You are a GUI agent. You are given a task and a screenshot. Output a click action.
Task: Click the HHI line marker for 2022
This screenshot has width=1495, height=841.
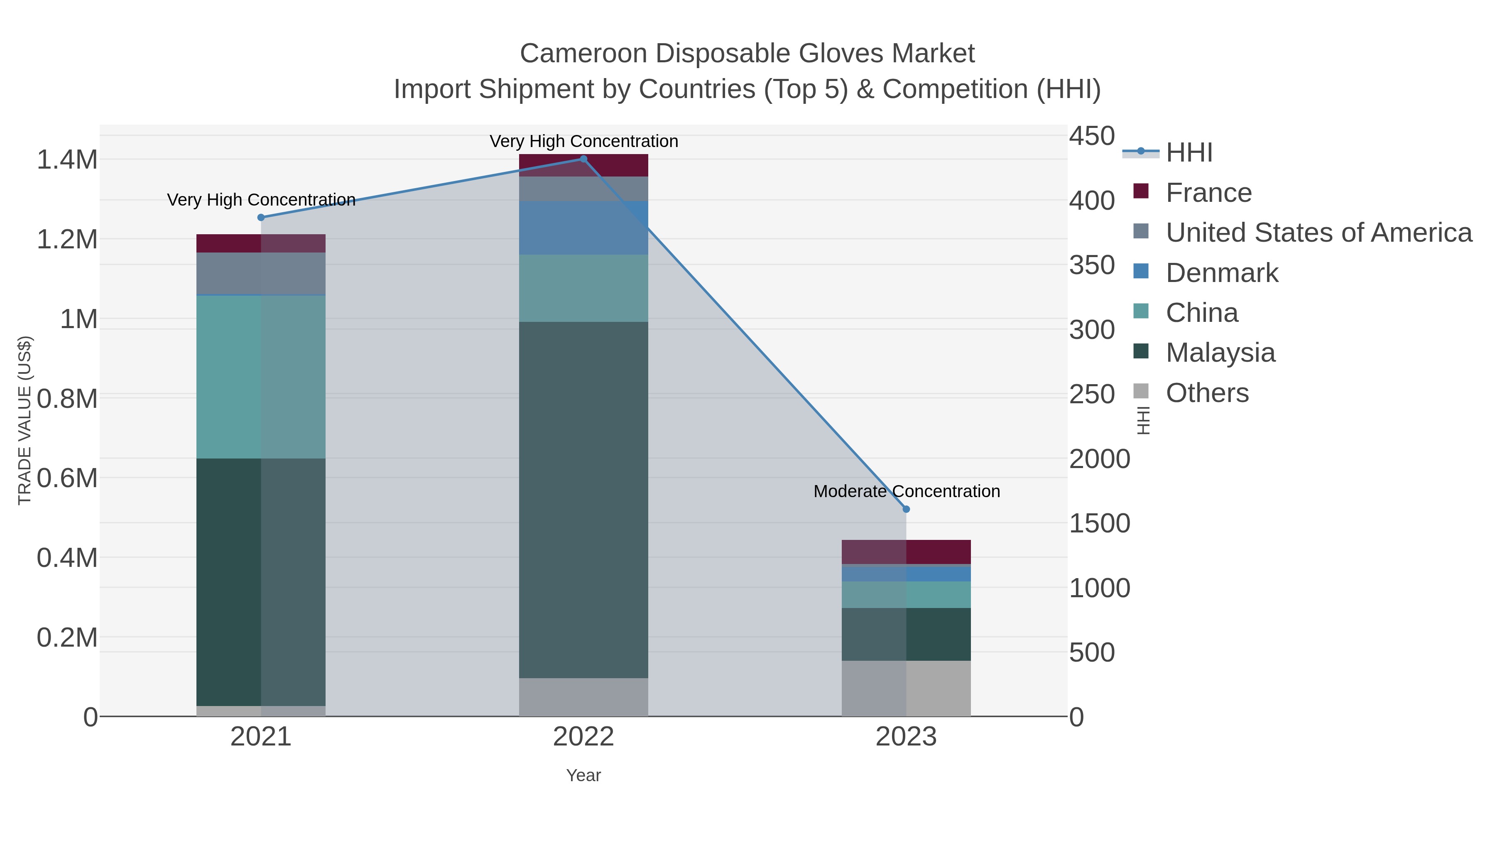pyautogui.click(x=583, y=159)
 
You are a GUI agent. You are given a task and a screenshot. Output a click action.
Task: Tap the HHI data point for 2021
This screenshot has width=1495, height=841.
pyautogui.click(x=261, y=218)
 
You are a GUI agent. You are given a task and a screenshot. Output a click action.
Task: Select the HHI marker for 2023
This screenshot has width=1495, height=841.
pyautogui.click(x=906, y=509)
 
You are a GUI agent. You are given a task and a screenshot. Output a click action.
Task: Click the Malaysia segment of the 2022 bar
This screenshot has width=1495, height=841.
pyautogui.click(x=583, y=499)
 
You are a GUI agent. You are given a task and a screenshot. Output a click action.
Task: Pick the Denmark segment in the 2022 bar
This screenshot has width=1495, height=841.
pyautogui.click(x=583, y=228)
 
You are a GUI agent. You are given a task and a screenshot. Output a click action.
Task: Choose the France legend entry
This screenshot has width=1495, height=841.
pyautogui.click(x=1208, y=193)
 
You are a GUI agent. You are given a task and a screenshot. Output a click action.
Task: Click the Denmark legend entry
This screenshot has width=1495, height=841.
pyautogui.click(x=1222, y=273)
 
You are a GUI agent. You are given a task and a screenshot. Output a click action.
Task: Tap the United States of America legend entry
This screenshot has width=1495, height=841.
pyautogui.click(x=1319, y=233)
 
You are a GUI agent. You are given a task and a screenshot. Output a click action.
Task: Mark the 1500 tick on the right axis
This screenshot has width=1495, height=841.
pyautogui.click(x=1099, y=524)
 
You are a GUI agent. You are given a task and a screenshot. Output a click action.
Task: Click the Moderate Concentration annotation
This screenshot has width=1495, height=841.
pyautogui.click(x=906, y=492)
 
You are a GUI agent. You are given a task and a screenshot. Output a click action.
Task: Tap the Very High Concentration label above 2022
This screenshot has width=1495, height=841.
pyautogui.click(x=583, y=142)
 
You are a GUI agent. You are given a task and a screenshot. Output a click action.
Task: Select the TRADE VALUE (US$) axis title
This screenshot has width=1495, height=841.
pyautogui.click(x=25, y=420)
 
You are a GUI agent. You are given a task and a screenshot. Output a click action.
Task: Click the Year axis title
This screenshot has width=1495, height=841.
pyautogui.click(x=583, y=775)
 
